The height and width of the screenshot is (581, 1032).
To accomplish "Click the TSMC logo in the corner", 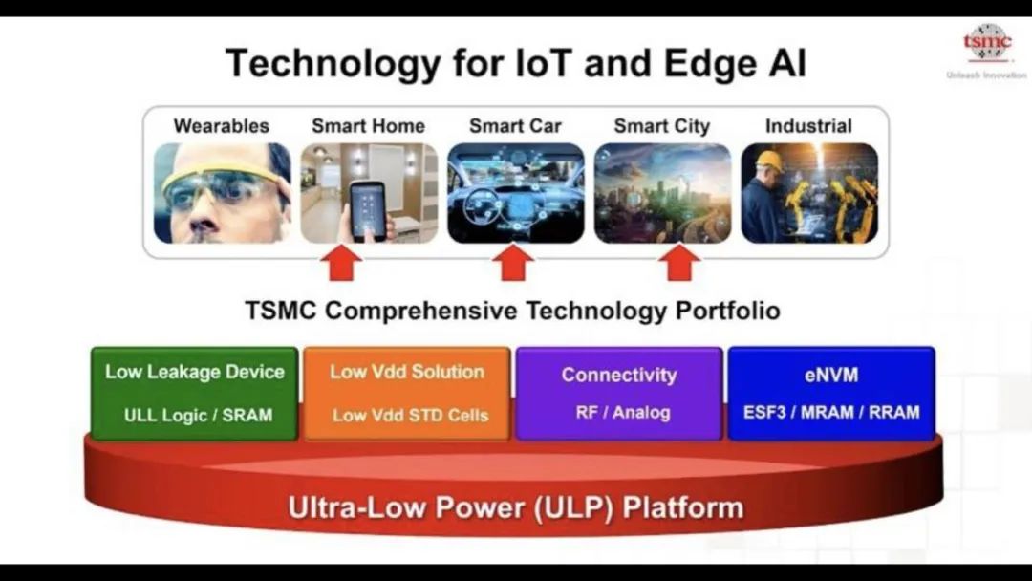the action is click(986, 43).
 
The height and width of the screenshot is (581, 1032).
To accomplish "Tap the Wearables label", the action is click(221, 126).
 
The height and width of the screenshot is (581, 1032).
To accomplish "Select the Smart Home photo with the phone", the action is click(369, 193).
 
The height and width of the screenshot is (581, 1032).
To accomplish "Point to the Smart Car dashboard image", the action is click(515, 193).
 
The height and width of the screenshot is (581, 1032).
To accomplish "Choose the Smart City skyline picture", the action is click(662, 193).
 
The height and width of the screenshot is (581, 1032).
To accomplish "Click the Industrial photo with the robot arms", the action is click(809, 193).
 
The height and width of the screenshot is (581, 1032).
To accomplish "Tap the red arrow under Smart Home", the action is click(341, 263).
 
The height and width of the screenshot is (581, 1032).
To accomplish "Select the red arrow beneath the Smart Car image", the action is click(513, 263).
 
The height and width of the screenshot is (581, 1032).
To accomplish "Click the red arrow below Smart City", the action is click(679, 263).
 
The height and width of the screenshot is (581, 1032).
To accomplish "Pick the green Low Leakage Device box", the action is click(195, 394).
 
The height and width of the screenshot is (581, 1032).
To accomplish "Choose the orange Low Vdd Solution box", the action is click(407, 394).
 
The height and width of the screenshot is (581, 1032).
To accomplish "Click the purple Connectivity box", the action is click(619, 394).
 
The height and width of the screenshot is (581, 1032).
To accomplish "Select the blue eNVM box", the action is click(831, 394).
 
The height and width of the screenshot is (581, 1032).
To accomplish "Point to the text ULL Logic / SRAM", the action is click(198, 415).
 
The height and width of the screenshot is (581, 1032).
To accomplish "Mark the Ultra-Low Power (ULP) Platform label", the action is click(516, 508).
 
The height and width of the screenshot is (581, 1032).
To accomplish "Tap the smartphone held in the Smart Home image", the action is click(367, 209).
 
